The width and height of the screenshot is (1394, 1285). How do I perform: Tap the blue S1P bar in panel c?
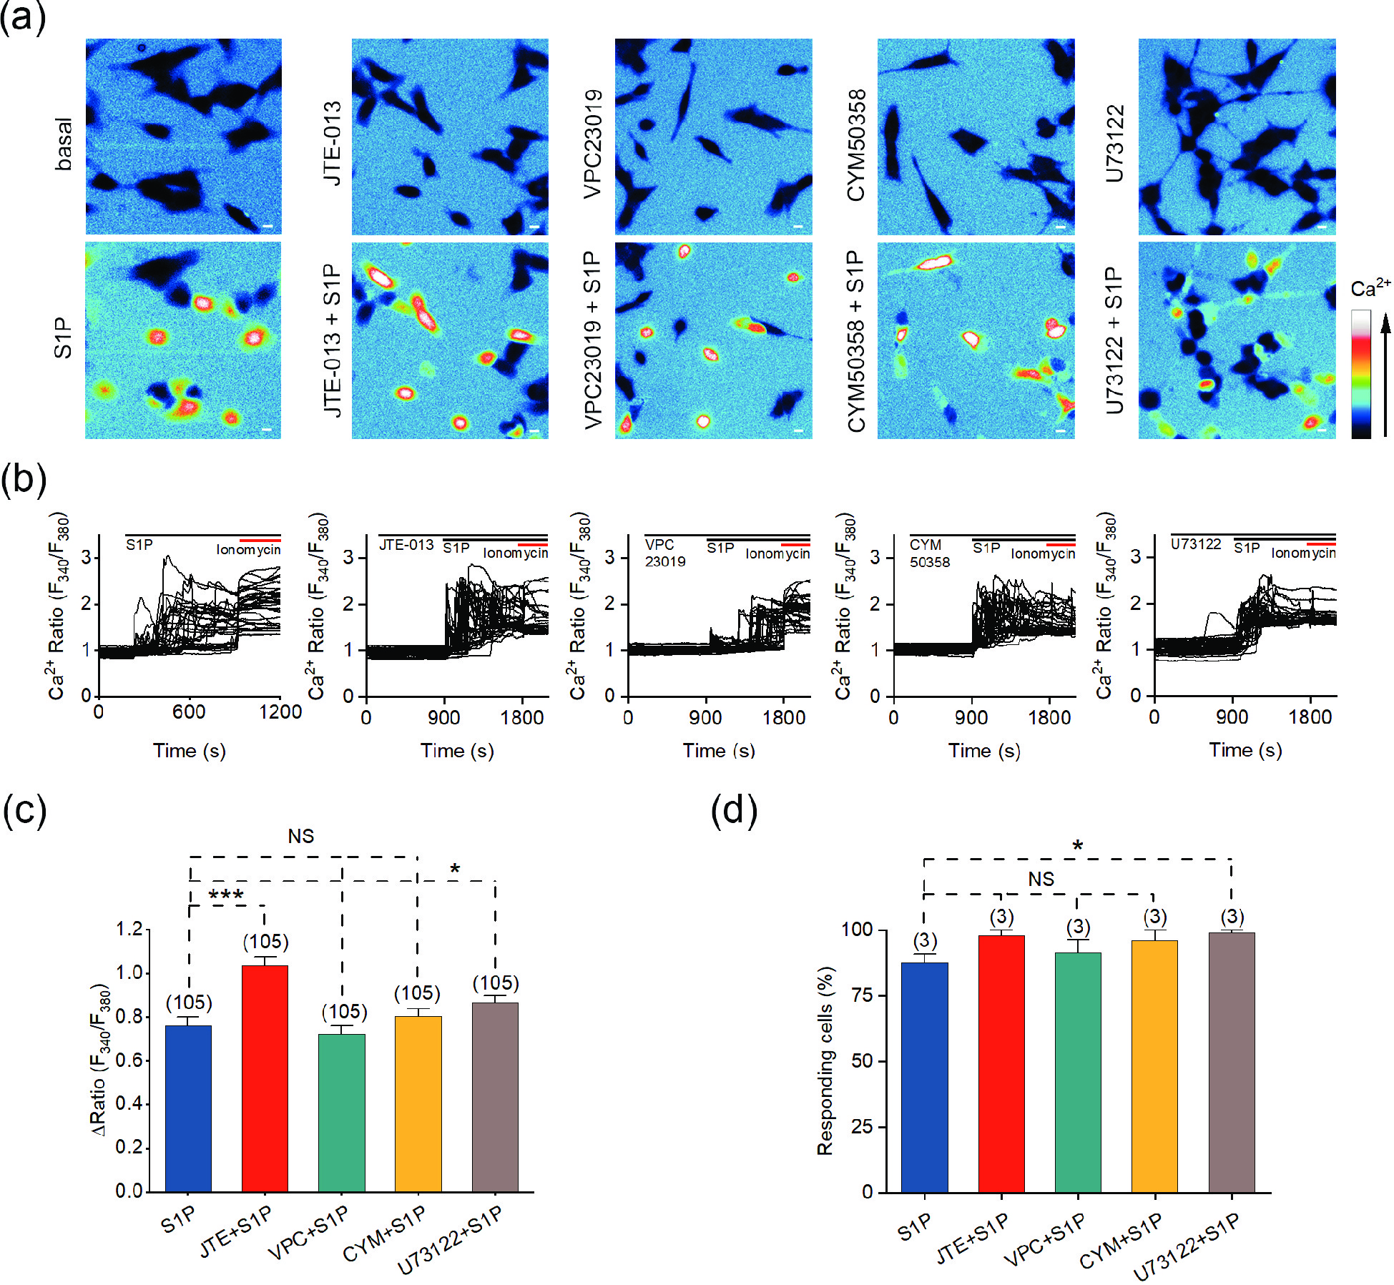point(188,1108)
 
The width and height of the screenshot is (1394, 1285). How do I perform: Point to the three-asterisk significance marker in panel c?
point(226,895)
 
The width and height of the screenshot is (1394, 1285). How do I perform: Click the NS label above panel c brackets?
point(300,836)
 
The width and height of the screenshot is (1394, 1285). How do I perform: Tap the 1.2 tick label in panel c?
point(129,930)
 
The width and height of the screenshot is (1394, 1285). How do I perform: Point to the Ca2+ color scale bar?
point(1360,373)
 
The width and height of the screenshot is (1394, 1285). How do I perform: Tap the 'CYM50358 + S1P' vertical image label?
point(855,341)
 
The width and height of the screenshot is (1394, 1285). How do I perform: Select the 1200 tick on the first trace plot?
point(280,712)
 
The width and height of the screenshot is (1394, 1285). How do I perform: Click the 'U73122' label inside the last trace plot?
point(1195,544)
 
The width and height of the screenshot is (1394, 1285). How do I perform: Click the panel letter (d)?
point(733,811)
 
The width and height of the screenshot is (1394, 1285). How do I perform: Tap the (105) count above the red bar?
point(265,942)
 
